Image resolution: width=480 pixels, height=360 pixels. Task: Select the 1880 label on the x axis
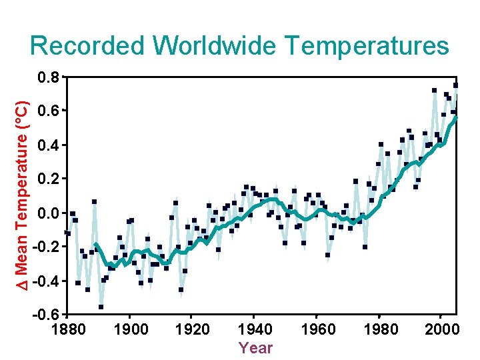pos(68,329)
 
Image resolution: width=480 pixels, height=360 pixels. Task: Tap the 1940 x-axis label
pos(255,329)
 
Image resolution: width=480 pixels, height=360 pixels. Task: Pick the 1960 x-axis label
pos(317,329)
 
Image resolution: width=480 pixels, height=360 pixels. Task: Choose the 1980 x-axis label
pos(381,329)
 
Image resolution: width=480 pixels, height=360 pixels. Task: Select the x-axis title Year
pos(255,348)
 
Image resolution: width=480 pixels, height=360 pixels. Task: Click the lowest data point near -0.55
pos(101,307)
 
